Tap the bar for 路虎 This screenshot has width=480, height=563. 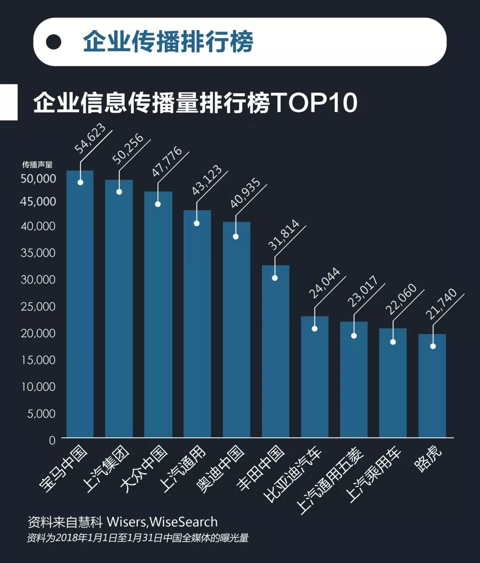(432, 387)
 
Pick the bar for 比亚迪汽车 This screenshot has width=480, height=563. (314, 378)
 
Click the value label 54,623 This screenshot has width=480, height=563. (90, 139)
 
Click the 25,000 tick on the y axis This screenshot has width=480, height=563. (38, 306)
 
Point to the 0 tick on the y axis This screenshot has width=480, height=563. (52, 440)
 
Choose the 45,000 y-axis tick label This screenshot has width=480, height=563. (38, 201)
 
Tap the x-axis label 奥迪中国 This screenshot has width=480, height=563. (220, 469)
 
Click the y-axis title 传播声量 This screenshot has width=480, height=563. (37, 165)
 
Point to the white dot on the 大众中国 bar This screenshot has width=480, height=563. (158, 204)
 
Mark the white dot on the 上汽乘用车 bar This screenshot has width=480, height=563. (393, 342)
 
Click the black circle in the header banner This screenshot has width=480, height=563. (54, 42)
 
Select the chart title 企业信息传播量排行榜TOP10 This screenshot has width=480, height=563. (196, 103)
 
